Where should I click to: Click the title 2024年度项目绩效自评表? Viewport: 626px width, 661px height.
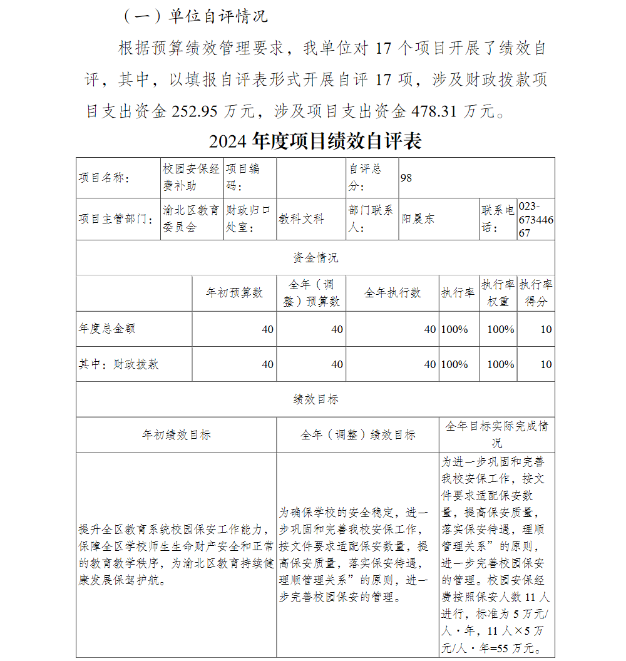pos(315,141)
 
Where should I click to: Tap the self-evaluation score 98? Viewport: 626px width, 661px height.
pos(406,178)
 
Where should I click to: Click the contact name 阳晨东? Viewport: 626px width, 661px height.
pos(418,219)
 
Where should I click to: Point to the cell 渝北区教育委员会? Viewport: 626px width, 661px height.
pos(191,219)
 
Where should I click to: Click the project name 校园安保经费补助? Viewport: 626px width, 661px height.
pos(191,177)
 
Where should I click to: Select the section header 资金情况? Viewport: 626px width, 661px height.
pos(315,258)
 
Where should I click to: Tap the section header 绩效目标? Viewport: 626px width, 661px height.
pos(315,399)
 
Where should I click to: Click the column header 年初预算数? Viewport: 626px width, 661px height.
pos(234,293)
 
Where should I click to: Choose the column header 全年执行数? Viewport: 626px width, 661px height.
pos(392,293)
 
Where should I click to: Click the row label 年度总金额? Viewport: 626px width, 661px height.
pos(107,329)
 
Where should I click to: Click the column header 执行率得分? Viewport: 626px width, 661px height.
pos(536,293)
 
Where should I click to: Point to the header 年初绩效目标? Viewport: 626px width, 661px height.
pos(176,435)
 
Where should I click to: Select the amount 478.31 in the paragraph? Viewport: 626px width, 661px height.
pos(434,111)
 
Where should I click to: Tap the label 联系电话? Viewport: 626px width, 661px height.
pos(498,219)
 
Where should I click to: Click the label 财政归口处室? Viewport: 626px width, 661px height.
pos(249,219)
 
